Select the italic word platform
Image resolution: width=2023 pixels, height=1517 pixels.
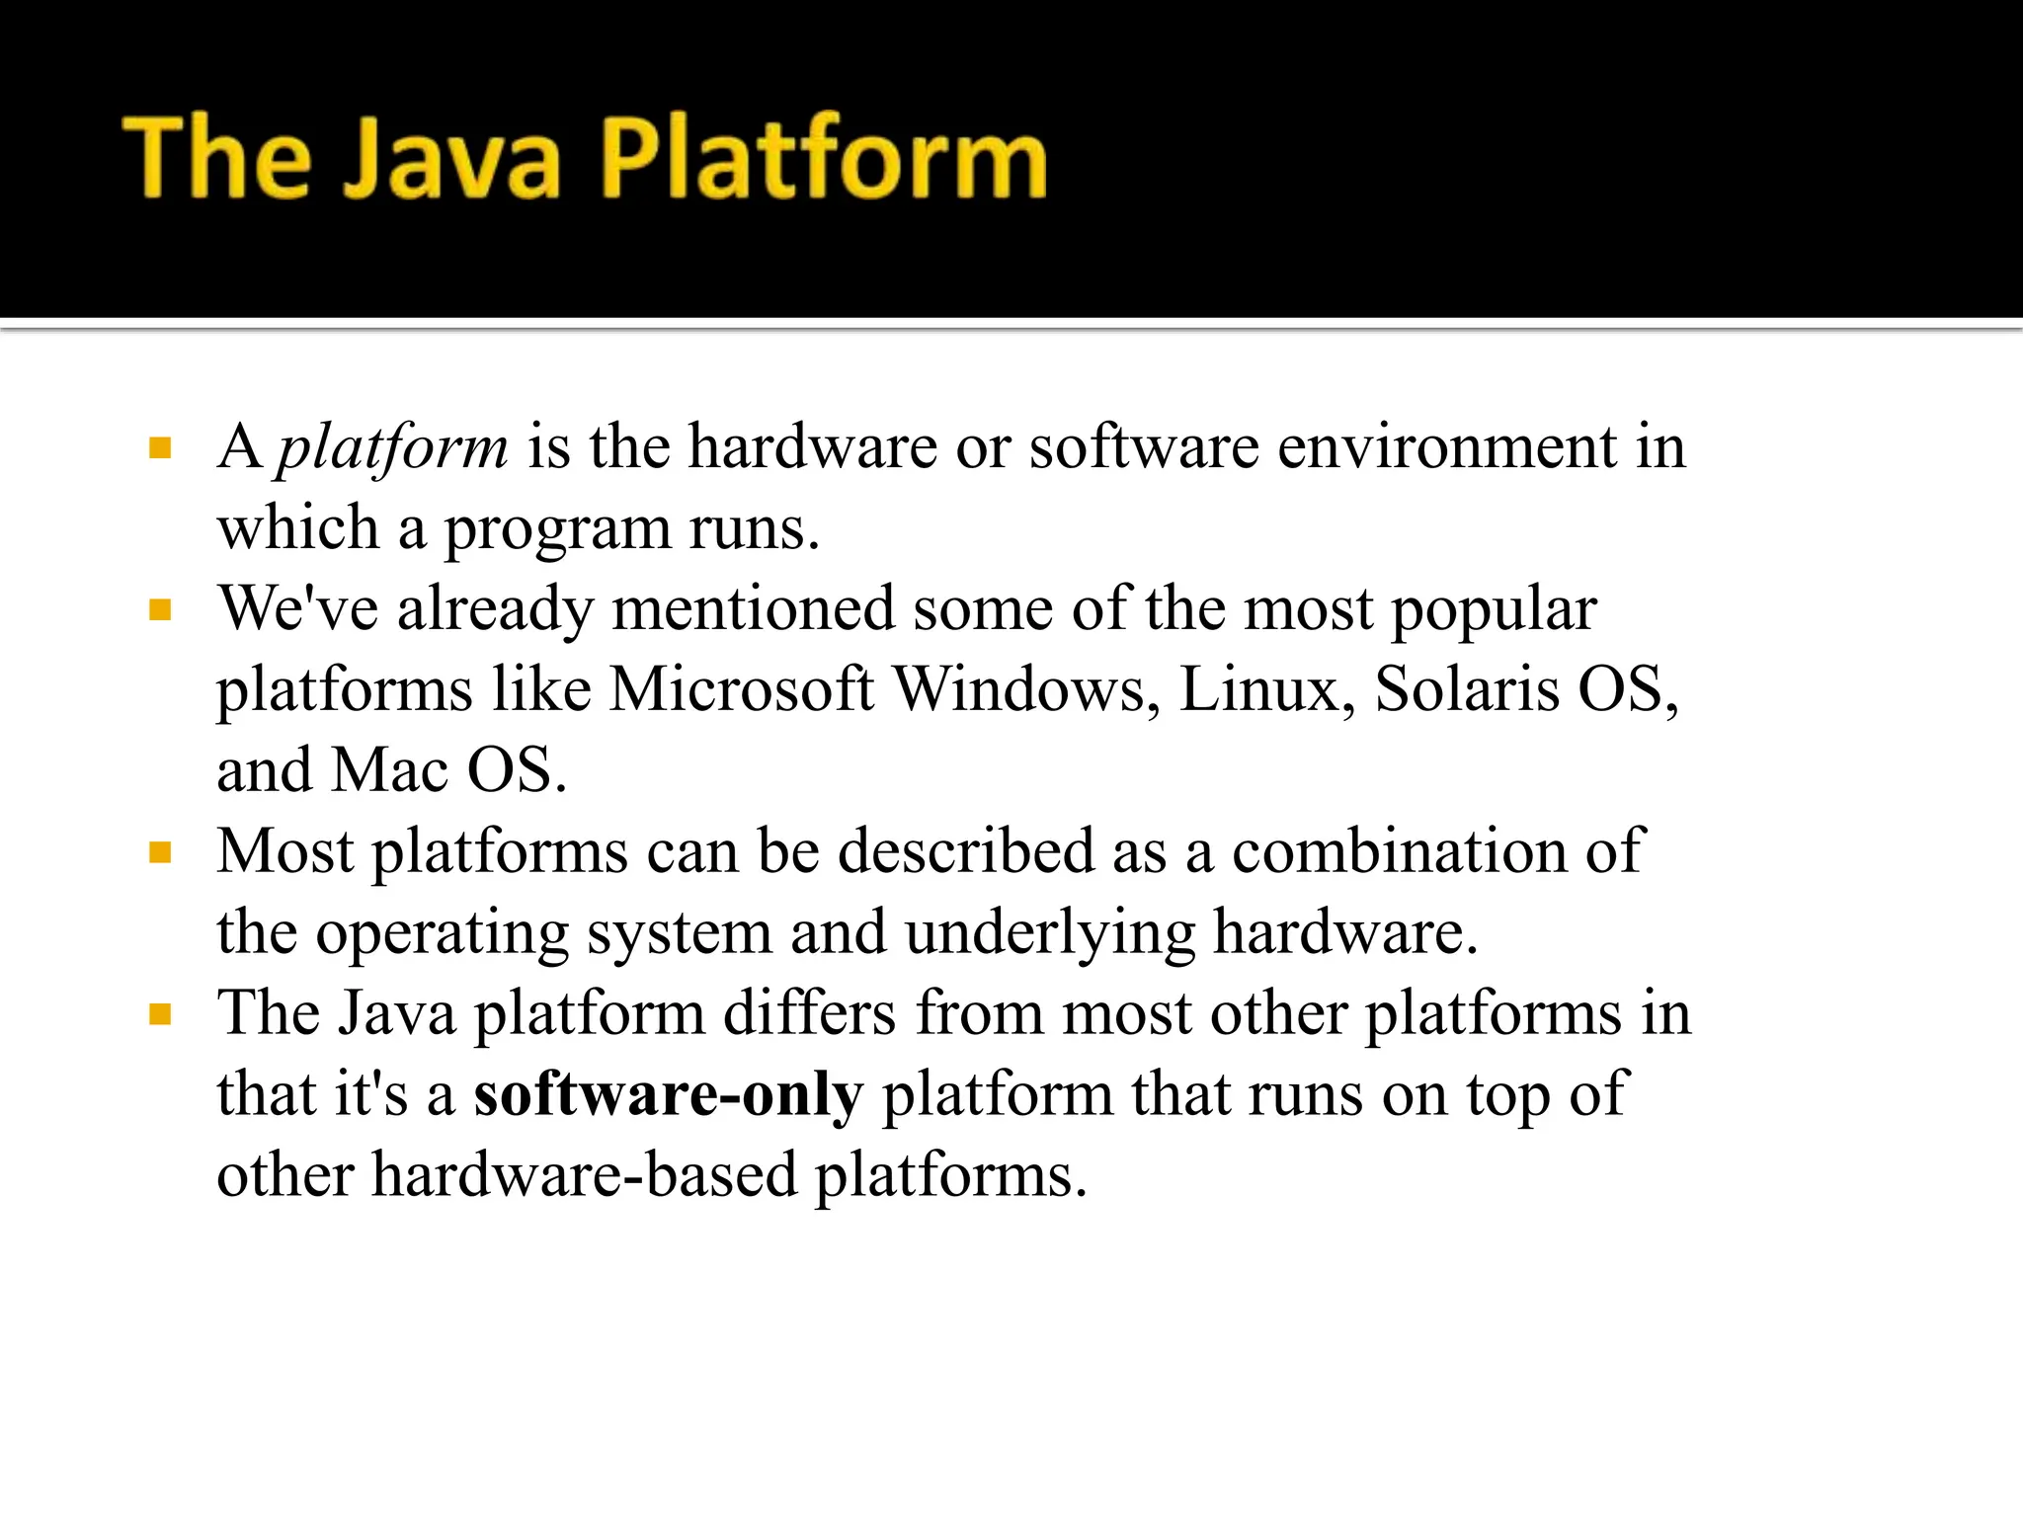pyautogui.click(x=392, y=447)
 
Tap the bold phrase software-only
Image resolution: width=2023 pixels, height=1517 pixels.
pyautogui.click(x=669, y=1094)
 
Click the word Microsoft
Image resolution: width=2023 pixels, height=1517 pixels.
pyautogui.click(x=742, y=688)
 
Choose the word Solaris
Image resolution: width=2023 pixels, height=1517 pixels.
pyautogui.click(x=1467, y=688)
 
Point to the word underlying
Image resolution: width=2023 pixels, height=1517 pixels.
pyautogui.click(x=1049, y=933)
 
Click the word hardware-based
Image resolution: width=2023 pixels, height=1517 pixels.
pyautogui.click(x=584, y=1175)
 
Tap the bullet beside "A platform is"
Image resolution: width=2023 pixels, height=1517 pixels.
pyautogui.click(x=160, y=450)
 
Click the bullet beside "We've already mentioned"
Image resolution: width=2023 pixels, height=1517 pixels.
pyautogui.click(x=160, y=610)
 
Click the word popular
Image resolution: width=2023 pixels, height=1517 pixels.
pyautogui.click(x=1494, y=609)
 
